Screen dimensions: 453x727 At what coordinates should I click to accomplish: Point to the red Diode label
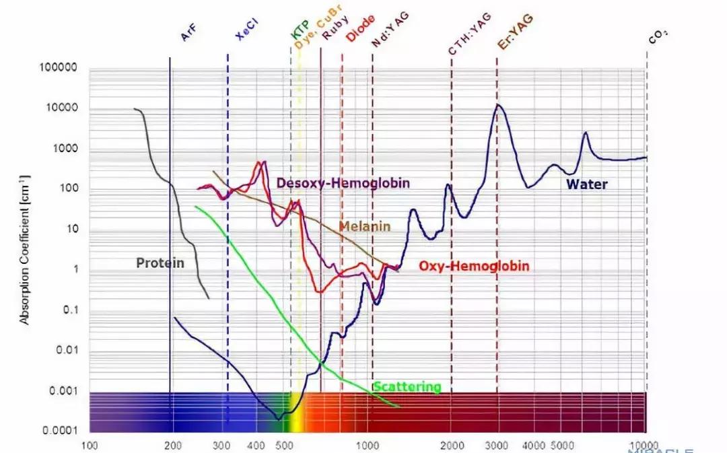tap(360, 29)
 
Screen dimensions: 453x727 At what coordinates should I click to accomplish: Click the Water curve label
tap(586, 184)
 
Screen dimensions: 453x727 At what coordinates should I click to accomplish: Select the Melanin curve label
tap(364, 226)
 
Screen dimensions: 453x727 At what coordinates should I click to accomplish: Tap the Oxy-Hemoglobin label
tap(474, 267)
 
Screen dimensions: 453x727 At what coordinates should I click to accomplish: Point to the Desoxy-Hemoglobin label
tap(343, 182)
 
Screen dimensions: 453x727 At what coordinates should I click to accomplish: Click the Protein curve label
tap(160, 263)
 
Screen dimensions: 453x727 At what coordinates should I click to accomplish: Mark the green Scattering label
tap(407, 387)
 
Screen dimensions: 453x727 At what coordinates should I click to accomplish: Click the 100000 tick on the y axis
tap(59, 69)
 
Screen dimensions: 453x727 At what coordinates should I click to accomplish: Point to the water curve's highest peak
tap(498, 104)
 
